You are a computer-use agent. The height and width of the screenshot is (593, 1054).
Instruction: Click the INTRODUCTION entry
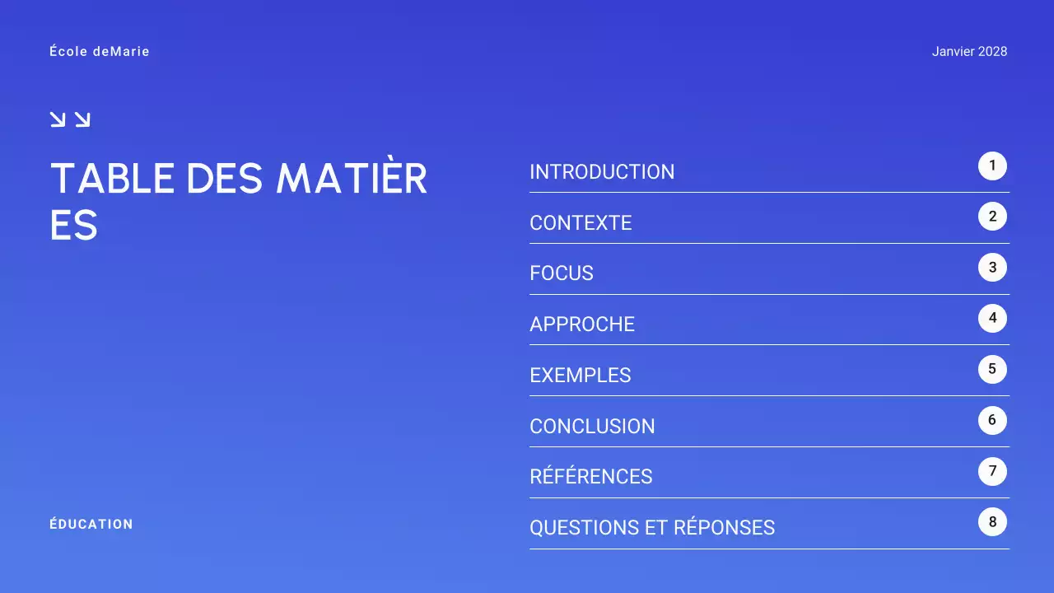pyautogui.click(x=602, y=172)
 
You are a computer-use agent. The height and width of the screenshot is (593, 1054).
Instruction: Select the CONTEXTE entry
pyautogui.click(x=581, y=223)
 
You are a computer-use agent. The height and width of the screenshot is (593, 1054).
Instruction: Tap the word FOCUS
pyautogui.click(x=562, y=273)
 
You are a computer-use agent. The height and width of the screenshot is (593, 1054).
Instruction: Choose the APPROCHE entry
pyautogui.click(x=582, y=325)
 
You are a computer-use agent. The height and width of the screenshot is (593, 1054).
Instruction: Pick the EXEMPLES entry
pyautogui.click(x=581, y=376)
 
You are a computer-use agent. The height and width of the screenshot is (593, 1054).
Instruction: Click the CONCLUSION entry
pyautogui.click(x=592, y=427)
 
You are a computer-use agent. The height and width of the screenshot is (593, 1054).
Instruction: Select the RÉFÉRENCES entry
pyautogui.click(x=591, y=477)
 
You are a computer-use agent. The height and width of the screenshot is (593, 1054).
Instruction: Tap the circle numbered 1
pyautogui.click(x=992, y=166)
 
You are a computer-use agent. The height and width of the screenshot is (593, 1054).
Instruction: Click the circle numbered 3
pyautogui.click(x=992, y=268)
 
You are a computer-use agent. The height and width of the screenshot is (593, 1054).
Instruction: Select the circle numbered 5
pyautogui.click(x=992, y=369)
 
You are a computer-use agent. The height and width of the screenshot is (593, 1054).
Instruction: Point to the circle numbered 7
pyautogui.click(x=992, y=471)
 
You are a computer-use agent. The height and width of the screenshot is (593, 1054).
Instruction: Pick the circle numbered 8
pyautogui.click(x=992, y=522)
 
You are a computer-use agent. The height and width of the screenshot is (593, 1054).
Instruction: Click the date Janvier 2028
pyautogui.click(x=969, y=52)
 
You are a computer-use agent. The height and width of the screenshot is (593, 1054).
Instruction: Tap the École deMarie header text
pyautogui.click(x=100, y=52)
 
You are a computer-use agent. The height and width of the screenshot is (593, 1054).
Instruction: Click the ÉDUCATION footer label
pyautogui.click(x=91, y=525)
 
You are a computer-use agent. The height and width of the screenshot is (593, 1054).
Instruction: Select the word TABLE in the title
pyautogui.click(x=113, y=179)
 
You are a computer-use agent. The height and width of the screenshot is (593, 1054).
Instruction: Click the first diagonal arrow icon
pyautogui.click(x=58, y=119)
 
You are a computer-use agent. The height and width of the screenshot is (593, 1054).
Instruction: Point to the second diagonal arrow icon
pyautogui.click(x=82, y=119)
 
